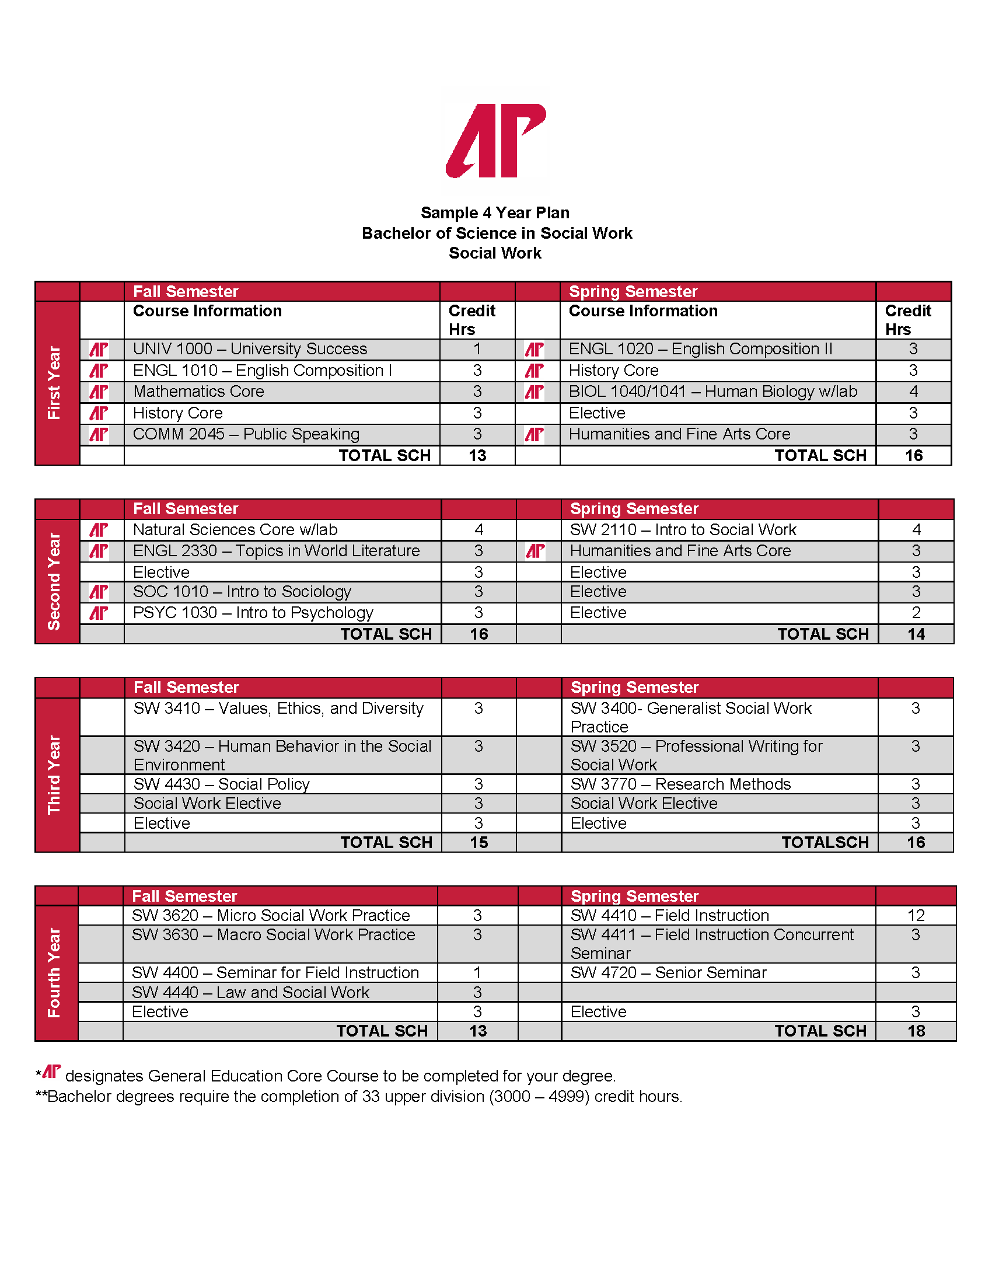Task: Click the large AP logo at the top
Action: click(495, 141)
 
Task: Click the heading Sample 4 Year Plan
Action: click(495, 213)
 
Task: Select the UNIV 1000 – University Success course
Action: click(250, 349)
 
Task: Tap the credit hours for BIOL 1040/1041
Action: click(913, 392)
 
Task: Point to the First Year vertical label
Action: click(55, 383)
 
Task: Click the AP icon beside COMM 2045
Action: click(99, 434)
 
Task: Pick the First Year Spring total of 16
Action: click(914, 456)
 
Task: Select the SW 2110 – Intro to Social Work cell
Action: click(683, 530)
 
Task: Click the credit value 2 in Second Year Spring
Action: click(916, 613)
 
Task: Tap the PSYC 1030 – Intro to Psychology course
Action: click(253, 613)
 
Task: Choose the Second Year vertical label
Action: click(55, 581)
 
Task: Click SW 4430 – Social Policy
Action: click(221, 784)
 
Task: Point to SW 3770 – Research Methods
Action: click(680, 784)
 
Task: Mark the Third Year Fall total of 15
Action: click(479, 842)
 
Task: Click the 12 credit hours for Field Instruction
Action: click(916, 915)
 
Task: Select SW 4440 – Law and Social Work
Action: click(250, 993)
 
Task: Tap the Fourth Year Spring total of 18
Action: click(916, 1031)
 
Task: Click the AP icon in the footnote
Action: click(52, 1072)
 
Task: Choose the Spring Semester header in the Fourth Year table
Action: click(635, 896)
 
